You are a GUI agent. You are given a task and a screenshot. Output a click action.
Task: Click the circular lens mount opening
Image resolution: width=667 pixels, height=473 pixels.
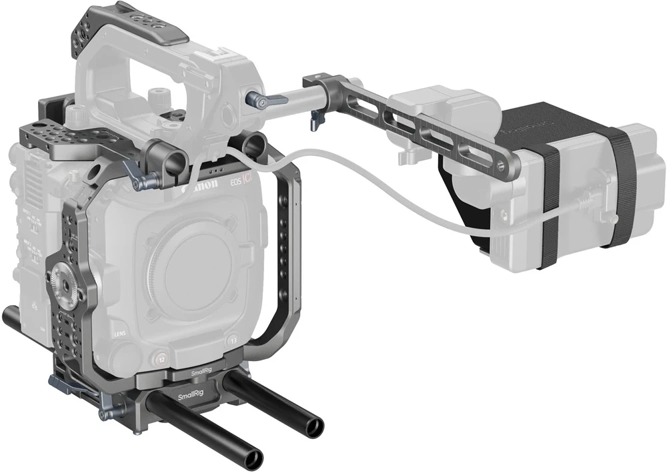(193, 265)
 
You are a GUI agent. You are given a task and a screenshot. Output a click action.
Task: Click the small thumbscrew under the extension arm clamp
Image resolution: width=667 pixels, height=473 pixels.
(312, 123)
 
